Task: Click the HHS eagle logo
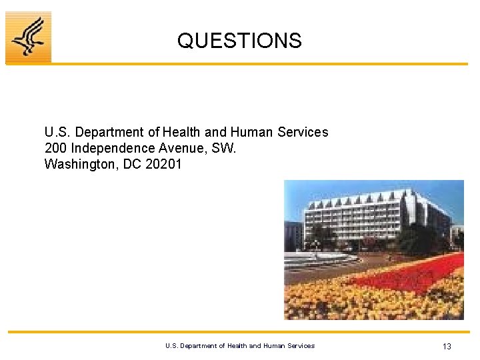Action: [29, 37]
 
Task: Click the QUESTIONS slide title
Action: [239, 41]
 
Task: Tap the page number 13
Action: [447, 346]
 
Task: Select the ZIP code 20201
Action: [163, 164]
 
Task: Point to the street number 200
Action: [55, 148]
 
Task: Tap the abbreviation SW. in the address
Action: [223, 148]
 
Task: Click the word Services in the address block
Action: [304, 132]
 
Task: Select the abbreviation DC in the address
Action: [132, 164]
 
